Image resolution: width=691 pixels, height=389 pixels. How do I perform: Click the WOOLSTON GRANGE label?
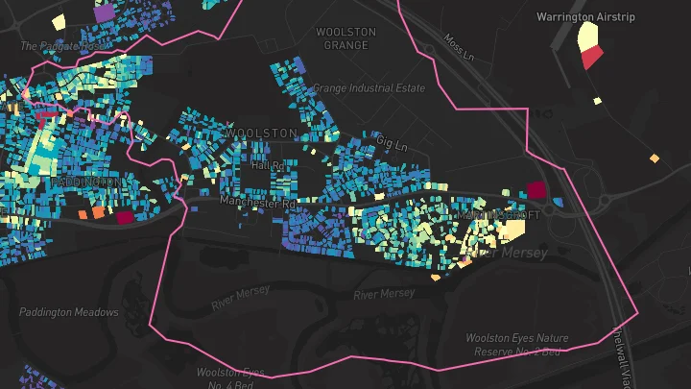(x=345, y=38)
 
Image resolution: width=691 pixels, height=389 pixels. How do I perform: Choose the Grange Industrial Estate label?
(x=369, y=88)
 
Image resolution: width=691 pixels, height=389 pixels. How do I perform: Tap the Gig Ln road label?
(x=392, y=143)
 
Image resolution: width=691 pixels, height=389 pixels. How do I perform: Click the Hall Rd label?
(x=268, y=165)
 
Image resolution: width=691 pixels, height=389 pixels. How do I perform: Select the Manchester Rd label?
(x=258, y=203)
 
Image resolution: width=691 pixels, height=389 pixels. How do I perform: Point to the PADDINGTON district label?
(x=86, y=182)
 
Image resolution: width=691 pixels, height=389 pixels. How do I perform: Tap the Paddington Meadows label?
(x=69, y=312)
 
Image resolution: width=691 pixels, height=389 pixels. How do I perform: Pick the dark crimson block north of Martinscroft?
(x=536, y=190)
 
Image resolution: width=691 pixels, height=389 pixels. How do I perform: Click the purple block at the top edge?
(x=104, y=13)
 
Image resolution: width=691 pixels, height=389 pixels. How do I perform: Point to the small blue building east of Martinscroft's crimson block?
(x=558, y=202)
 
